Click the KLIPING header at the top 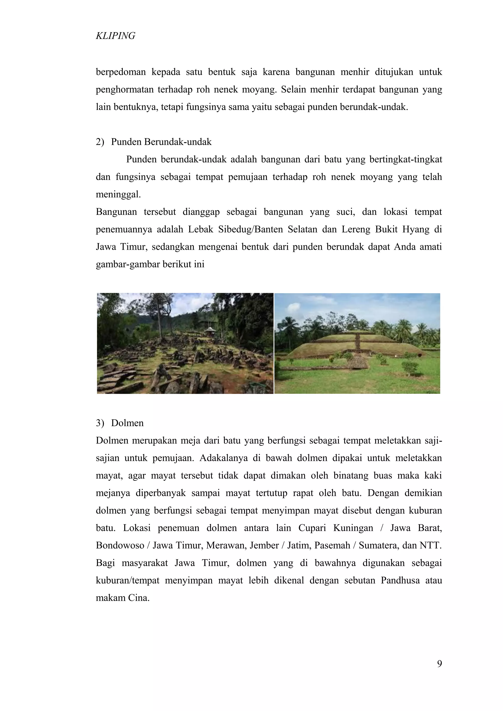(x=115, y=36)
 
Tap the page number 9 (x=439, y=664)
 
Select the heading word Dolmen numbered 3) (x=127, y=423)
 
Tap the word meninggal (x=118, y=195)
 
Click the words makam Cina (x=122, y=598)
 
